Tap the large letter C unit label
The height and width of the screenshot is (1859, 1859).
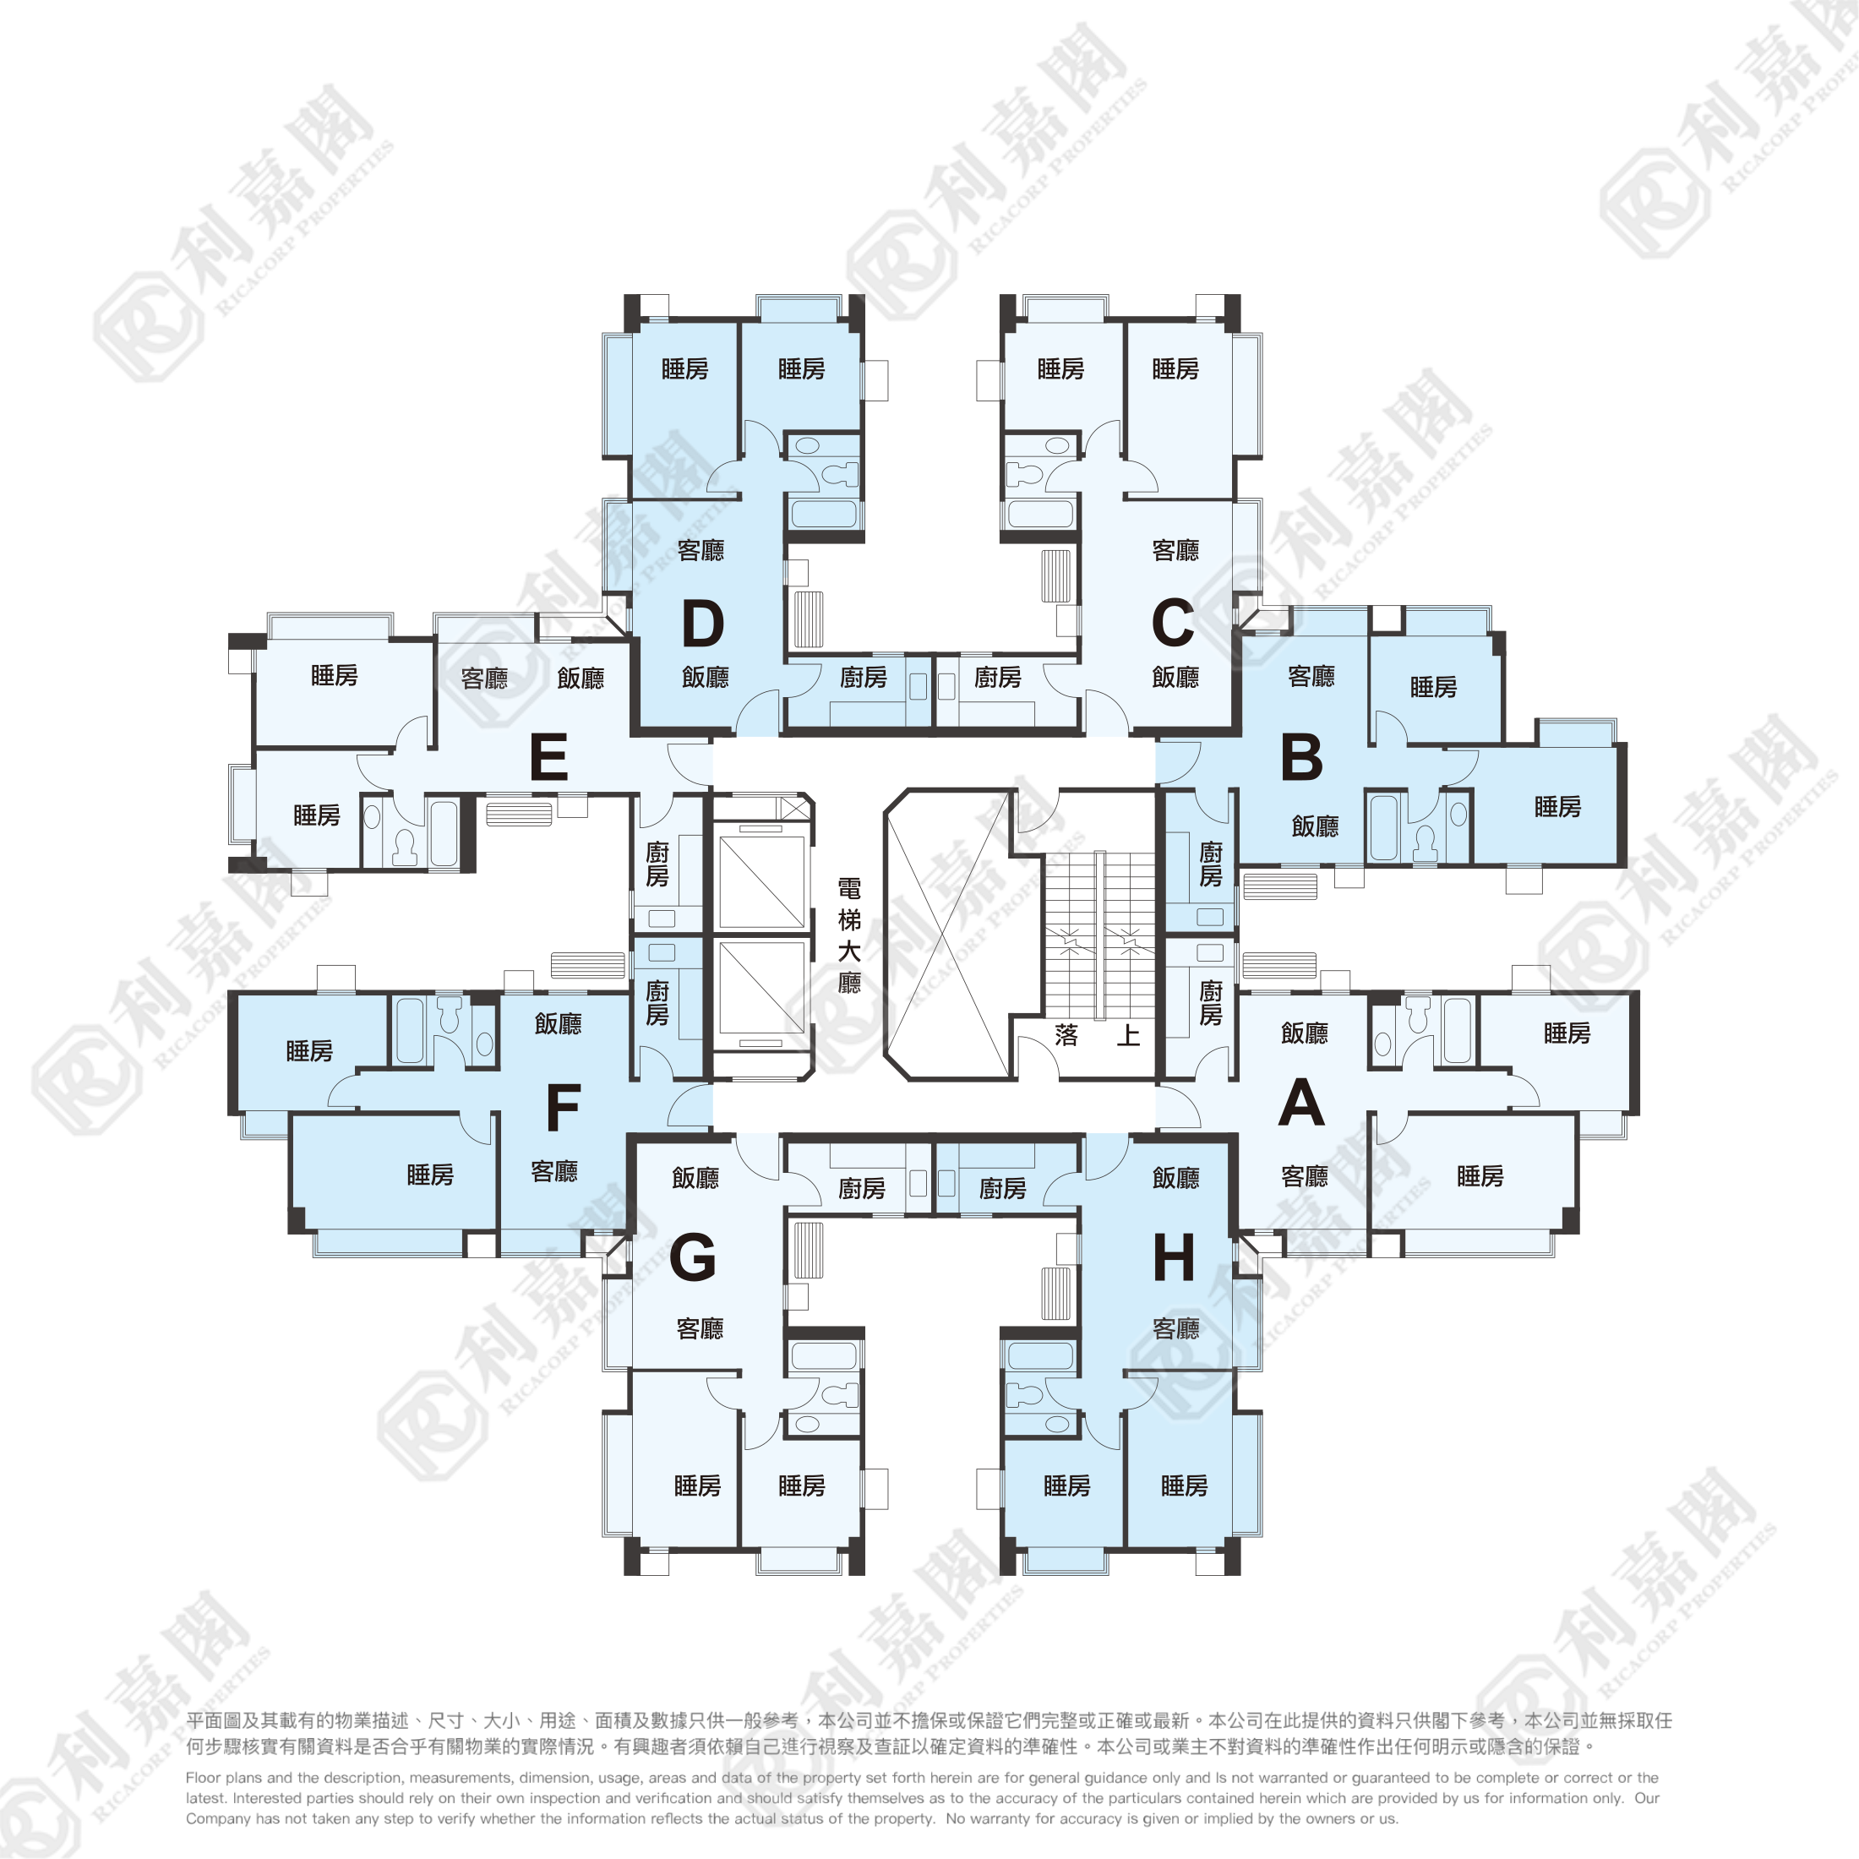[1173, 624]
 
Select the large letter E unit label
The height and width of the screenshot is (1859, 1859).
[548, 757]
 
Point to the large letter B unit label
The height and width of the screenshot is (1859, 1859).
[1302, 757]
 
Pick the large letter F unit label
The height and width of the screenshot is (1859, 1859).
[563, 1108]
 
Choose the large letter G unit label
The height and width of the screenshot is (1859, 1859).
[693, 1257]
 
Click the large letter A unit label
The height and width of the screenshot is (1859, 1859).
[1302, 1103]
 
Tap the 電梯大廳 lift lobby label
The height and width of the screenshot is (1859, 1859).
[848, 935]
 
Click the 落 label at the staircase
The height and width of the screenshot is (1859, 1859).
[1066, 1035]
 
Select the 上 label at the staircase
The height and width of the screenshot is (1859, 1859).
[1129, 1035]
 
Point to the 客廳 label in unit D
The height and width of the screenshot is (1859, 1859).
[701, 550]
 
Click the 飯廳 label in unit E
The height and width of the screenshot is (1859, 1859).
[581, 679]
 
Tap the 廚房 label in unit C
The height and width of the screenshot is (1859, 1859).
[998, 678]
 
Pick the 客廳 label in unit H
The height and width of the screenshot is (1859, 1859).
[1176, 1329]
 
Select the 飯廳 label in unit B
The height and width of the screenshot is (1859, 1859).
[1316, 826]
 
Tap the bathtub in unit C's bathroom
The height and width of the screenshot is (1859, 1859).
[1040, 514]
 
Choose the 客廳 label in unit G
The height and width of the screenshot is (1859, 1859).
[700, 1329]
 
